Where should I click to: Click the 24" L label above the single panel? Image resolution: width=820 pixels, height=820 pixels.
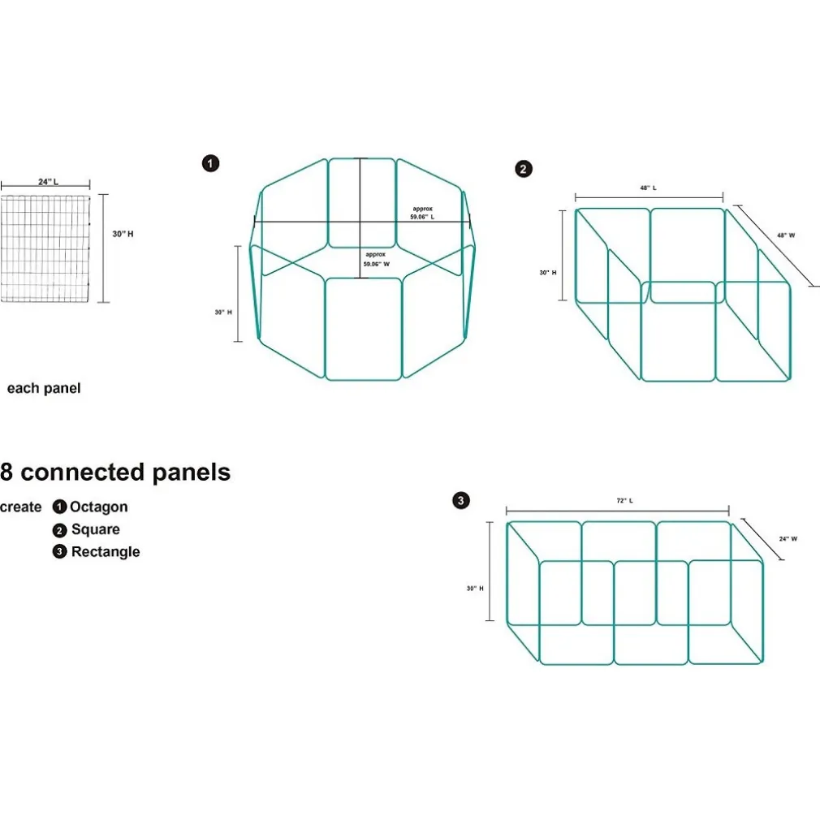[x=48, y=182]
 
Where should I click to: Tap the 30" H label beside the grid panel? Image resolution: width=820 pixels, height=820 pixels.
[x=123, y=234]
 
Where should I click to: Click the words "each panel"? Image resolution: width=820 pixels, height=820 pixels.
[x=44, y=388]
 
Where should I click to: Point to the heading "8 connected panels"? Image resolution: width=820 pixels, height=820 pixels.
[x=115, y=473]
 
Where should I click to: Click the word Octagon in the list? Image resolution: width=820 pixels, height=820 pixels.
[x=99, y=507]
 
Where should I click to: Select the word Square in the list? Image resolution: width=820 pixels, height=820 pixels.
[x=96, y=529]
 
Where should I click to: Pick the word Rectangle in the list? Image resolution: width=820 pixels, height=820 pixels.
[x=106, y=552]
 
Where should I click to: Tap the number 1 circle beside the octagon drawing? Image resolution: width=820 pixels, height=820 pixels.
[x=210, y=164]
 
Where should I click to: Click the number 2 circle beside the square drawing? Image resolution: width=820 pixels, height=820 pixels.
[x=524, y=169]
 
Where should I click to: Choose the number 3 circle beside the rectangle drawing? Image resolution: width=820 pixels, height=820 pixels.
[x=461, y=501]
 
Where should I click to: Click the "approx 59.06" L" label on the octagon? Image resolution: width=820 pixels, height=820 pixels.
[x=422, y=213]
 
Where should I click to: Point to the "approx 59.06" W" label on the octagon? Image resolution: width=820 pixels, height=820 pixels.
[x=377, y=259]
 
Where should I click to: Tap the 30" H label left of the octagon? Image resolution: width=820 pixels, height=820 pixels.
[x=223, y=312]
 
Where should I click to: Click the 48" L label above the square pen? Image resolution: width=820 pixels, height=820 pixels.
[x=648, y=188]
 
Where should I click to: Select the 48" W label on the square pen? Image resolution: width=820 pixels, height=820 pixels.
[x=786, y=235]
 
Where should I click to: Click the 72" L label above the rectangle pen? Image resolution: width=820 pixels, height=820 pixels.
[x=624, y=501]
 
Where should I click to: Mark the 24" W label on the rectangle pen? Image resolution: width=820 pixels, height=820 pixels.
[x=788, y=538]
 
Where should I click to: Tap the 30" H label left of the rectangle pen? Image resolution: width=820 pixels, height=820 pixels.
[x=475, y=588]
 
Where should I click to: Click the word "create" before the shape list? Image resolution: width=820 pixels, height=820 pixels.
[x=21, y=507]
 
